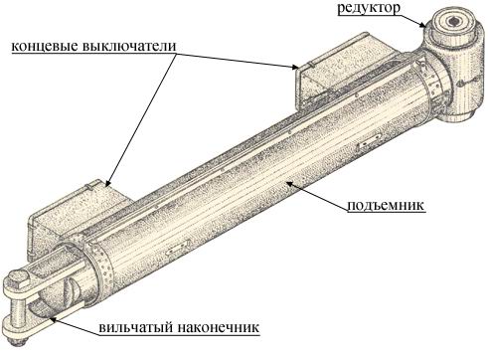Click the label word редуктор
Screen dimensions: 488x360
tap(369, 8)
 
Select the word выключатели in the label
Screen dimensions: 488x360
tap(129, 46)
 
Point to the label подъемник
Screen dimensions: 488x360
tap(386, 205)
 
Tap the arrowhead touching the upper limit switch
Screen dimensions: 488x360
tap(295, 68)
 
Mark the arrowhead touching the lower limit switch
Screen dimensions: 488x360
tap(106, 183)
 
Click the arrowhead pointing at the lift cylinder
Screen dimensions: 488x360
tap(288, 182)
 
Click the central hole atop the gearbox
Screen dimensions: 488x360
tap(452, 22)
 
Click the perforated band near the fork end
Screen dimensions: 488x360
tap(99, 266)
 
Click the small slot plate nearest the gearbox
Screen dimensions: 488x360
tap(369, 144)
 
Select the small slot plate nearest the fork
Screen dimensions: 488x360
tap(178, 249)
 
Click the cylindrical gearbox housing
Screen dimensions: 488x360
tap(454, 67)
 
